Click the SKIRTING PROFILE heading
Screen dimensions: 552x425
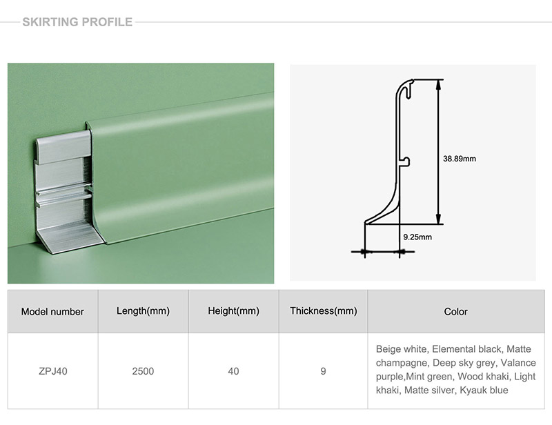pos(77,22)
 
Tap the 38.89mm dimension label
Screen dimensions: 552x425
pos(460,159)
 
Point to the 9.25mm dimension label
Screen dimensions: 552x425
pos(417,237)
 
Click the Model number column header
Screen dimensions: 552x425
pos(52,312)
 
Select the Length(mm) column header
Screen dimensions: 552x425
pos(143,311)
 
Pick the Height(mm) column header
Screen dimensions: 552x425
pos(233,311)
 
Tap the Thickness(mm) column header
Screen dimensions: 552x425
pos(324,311)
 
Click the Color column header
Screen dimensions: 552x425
pos(456,312)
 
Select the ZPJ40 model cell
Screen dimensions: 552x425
pos(53,371)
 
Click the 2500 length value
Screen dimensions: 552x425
pos(143,371)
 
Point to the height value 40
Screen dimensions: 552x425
pos(233,371)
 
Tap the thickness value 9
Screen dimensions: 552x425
pos(323,371)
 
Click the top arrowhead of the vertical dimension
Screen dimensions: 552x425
pos(438,84)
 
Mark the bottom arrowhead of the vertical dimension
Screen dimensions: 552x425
pos(438,219)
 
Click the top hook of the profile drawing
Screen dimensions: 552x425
pos(408,88)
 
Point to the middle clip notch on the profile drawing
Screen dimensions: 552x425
pos(406,162)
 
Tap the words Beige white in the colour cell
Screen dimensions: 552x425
pos(402,349)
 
